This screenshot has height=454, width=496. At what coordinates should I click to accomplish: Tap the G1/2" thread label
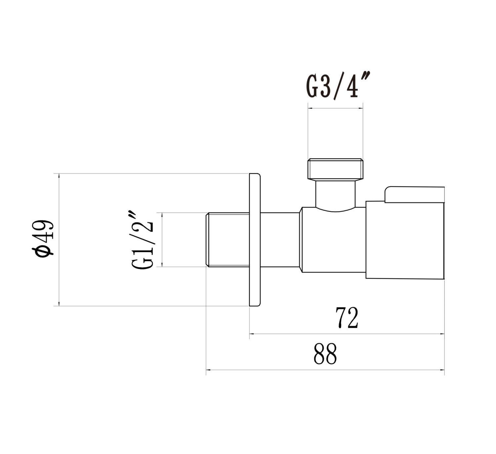[x=143, y=240]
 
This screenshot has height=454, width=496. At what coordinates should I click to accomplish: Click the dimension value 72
[x=347, y=318]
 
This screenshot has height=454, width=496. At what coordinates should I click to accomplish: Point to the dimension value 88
[x=325, y=354]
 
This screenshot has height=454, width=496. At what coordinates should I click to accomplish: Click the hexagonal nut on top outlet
[x=335, y=169]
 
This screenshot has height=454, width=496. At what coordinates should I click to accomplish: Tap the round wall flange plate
[x=255, y=240]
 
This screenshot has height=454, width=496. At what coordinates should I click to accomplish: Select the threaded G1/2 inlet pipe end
[x=227, y=240]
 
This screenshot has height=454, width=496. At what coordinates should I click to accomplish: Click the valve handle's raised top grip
[x=414, y=195]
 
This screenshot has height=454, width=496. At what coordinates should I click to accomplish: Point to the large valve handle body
[x=405, y=240]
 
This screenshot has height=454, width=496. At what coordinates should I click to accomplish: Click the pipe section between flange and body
[x=280, y=240]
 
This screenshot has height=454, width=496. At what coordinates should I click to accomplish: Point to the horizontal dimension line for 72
[x=347, y=334]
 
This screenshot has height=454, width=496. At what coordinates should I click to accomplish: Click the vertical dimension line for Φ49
[x=59, y=240]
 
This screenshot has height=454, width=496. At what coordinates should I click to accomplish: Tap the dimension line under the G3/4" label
[x=335, y=108]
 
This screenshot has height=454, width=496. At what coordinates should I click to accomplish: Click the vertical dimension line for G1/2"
[x=162, y=240]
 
